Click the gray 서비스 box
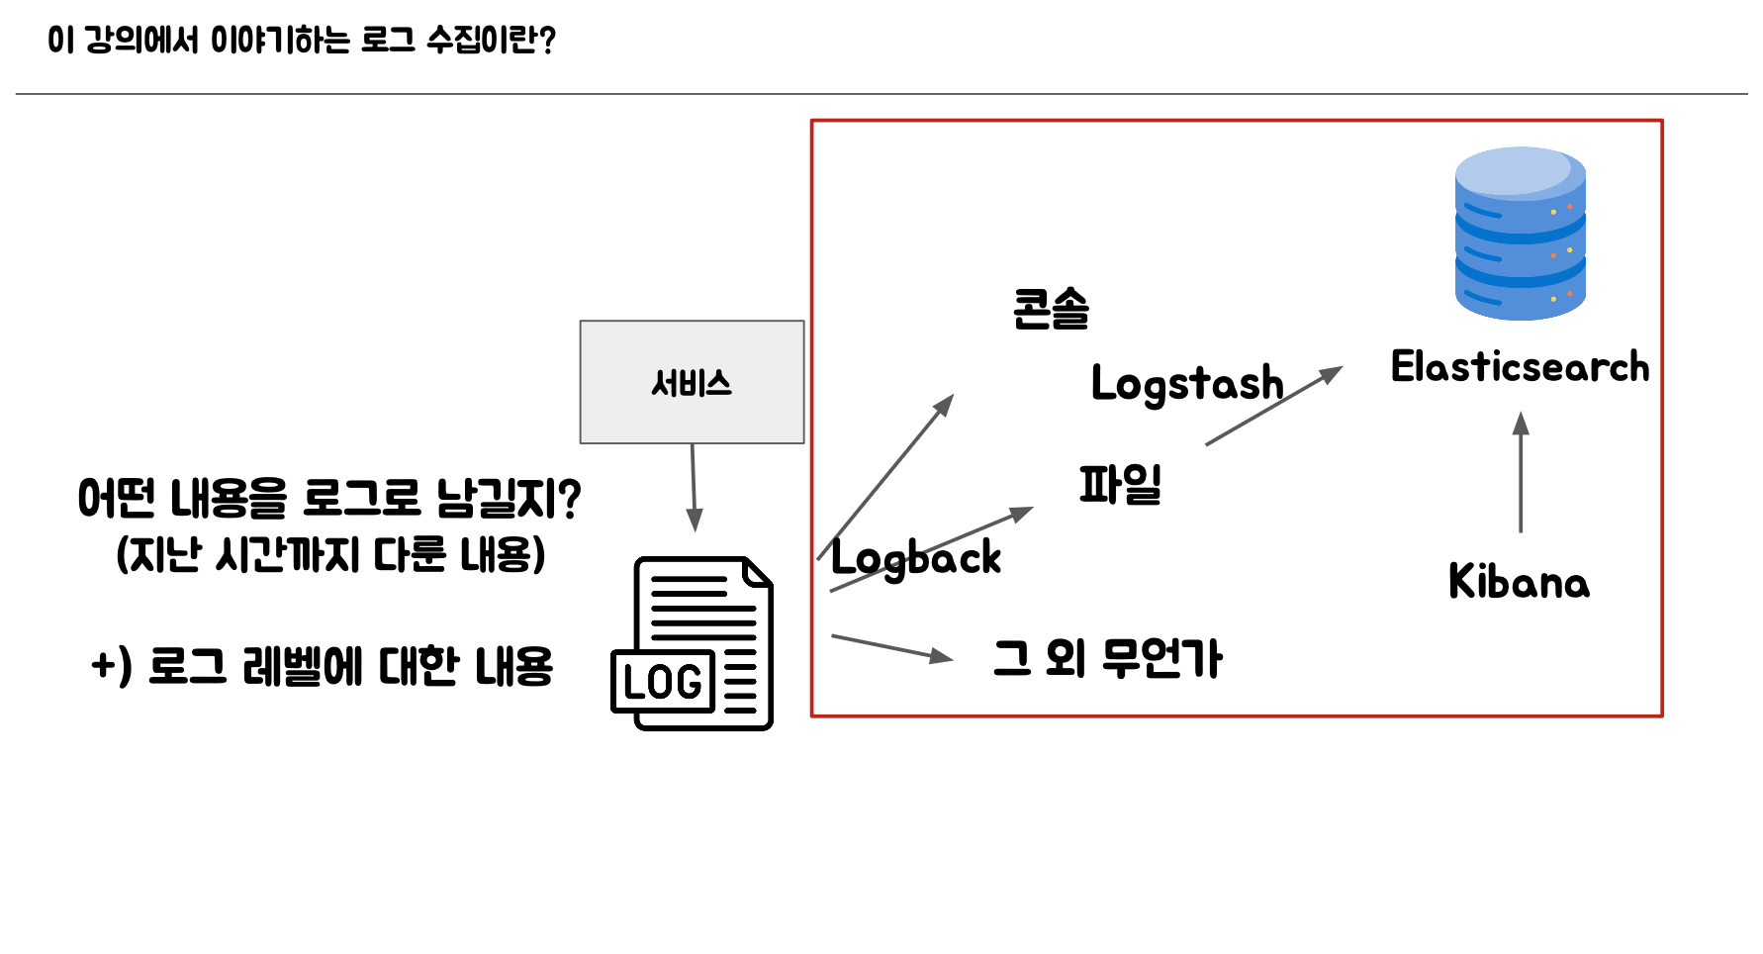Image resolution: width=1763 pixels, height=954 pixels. click(692, 382)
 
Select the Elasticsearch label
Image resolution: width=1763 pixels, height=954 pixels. click(1520, 367)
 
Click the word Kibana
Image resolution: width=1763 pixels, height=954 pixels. click(1519, 582)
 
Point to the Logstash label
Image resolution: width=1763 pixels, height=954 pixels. click(1186, 384)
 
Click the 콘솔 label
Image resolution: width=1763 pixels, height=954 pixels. click(1051, 309)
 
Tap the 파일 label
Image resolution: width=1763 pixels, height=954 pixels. click(1120, 485)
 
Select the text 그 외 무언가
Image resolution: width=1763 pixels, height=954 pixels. click(1107, 659)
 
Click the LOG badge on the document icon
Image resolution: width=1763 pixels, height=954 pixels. click(663, 682)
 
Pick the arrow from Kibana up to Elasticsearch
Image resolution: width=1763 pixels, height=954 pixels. click(1521, 472)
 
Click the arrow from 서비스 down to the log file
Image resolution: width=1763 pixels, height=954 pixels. click(694, 487)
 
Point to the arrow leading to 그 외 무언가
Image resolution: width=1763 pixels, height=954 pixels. click(891, 648)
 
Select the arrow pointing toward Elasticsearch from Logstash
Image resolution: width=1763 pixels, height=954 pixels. click(1273, 406)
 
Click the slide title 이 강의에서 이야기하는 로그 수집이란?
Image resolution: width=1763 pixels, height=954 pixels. click(302, 41)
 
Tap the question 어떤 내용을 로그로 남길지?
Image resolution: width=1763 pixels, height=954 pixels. click(329, 498)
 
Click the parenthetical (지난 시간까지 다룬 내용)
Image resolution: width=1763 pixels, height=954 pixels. click(330, 554)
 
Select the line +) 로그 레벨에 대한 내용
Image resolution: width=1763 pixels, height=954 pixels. click(322, 666)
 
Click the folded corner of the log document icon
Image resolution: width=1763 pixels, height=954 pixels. click(759, 572)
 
